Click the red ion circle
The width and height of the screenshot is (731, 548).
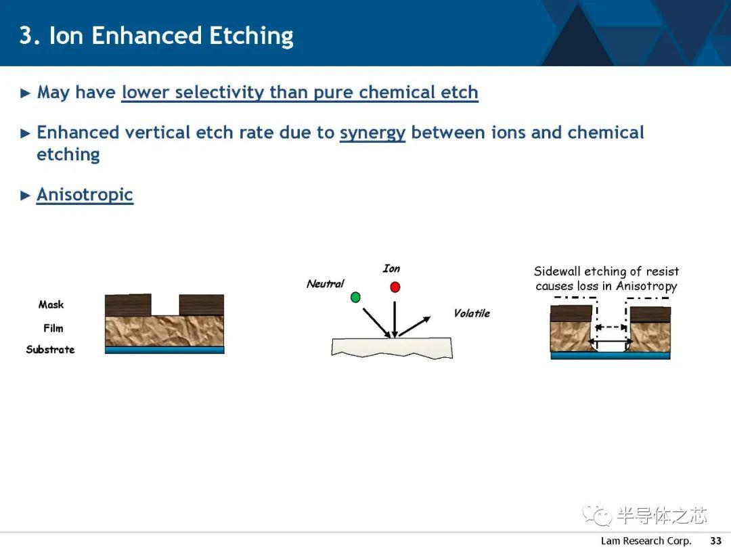[395, 287]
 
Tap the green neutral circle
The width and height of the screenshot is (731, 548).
[355, 297]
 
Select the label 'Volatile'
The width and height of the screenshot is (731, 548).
[472, 314]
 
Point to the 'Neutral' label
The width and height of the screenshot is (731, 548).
[325, 283]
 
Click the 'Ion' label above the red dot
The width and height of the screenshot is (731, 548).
[391, 269]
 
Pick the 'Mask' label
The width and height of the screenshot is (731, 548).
[51, 304]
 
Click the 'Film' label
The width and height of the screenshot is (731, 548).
[53, 329]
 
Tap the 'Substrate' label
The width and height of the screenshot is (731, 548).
[50, 350]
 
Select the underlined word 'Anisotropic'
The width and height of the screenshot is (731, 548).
[85, 195]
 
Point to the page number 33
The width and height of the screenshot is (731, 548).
[715, 541]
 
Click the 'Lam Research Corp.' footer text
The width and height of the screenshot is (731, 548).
[646, 541]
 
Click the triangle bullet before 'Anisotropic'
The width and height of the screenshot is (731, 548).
[25, 196]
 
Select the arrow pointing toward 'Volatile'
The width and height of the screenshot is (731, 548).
[414, 326]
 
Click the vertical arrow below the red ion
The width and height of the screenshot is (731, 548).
[395, 319]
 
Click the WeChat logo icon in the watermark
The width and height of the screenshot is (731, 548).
[597, 514]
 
